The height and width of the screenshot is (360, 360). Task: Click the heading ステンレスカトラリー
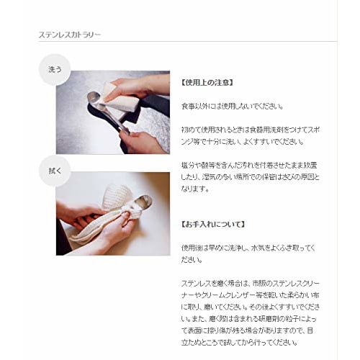click(x=70, y=34)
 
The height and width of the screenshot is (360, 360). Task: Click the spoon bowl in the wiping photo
click(x=143, y=202)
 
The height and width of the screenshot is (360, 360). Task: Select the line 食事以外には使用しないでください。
click(x=228, y=106)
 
